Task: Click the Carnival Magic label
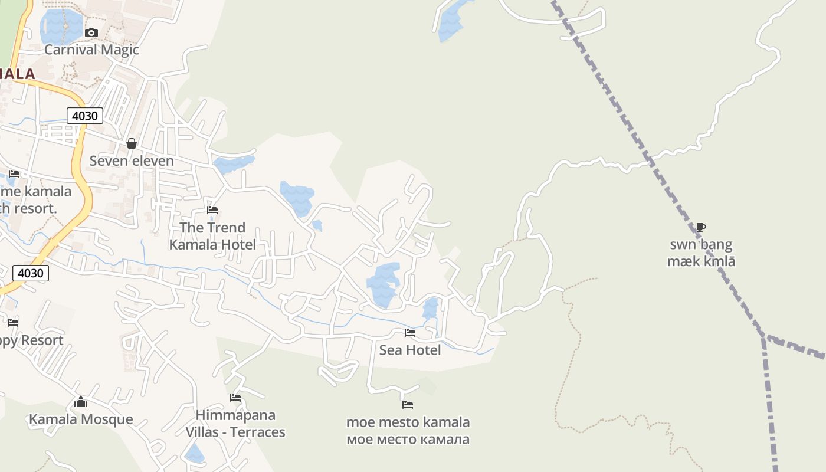click(x=91, y=50)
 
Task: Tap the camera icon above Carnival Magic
click(x=91, y=32)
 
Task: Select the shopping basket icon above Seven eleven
click(x=132, y=143)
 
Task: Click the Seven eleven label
click(x=132, y=161)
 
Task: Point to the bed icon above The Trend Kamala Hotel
click(x=212, y=210)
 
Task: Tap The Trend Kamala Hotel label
click(x=212, y=236)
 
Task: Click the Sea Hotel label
click(x=410, y=350)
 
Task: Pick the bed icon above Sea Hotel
click(x=410, y=333)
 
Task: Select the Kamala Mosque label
click(x=81, y=419)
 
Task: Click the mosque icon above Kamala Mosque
click(x=81, y=402)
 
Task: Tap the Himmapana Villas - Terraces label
click(x=235, y=424)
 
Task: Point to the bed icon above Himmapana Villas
click(x=235, y=398)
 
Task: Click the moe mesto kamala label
click(x=408, y=422)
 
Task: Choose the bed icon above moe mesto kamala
click(x=408, y=405)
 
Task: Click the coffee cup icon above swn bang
click(x=701, y=227)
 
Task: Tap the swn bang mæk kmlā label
click(x=701, y=253)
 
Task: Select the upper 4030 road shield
click(x=84, y=116)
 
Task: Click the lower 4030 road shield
click(x=31, y=273)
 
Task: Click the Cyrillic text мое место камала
click(x=408, y=440)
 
